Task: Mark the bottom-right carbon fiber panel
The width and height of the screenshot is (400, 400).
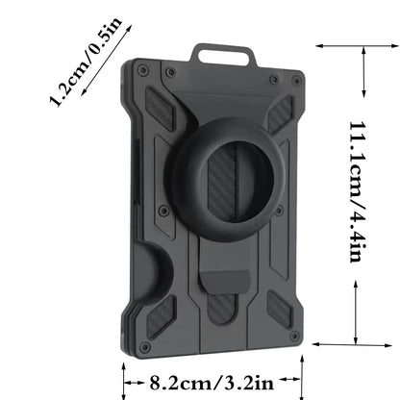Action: pos(279,309)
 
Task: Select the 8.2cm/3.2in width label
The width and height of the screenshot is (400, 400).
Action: pos(213,382)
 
